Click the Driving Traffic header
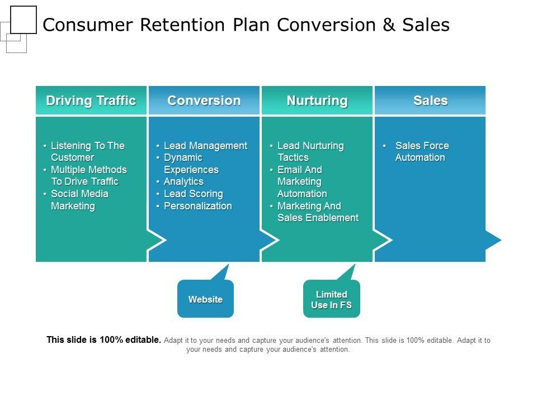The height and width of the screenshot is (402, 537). (91, 100)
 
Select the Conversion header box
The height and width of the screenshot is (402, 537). (204, 100)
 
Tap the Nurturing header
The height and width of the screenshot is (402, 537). (317, 100)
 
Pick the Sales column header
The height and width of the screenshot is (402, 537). (430, 100)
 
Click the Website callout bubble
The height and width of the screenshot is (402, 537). (205, 299)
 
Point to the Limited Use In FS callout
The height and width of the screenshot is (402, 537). (331, 299)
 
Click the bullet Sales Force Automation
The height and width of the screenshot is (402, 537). (422, 151)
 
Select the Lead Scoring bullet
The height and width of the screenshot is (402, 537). (193, 194)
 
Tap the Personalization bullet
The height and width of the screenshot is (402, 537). (197, 206)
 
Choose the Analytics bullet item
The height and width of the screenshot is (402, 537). (183, 181)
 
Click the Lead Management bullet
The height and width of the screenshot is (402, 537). (205, 146)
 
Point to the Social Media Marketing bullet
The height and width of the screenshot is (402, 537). (79, 200)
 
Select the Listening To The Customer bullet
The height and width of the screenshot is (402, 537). (87, 151)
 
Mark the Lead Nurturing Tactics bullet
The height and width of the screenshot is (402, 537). (310, 151)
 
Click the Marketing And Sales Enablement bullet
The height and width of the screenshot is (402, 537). (317, 212)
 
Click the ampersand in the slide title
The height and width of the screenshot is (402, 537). (387, 25)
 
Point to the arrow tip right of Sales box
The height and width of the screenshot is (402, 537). (494, 240)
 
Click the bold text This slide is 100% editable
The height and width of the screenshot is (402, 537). (104, 339)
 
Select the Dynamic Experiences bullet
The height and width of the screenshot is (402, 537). (191, 164)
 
